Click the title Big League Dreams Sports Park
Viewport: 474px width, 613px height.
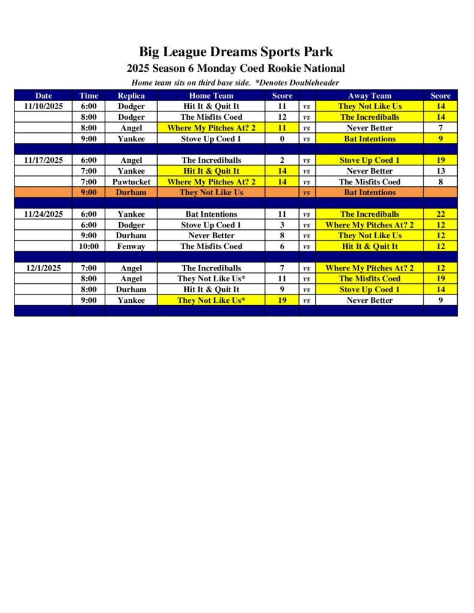point(236,51)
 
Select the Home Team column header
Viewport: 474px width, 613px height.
point(211,95)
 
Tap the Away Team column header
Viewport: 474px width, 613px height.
point(369,95)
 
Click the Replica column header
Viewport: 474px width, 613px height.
point(131,95)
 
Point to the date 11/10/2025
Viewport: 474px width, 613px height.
point(43,106)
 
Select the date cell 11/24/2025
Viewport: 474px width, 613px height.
point(43,214)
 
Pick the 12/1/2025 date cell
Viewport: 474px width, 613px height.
point(43,268)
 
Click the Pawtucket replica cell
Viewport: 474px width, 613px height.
point(131,181)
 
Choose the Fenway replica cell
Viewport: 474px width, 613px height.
point(131,246)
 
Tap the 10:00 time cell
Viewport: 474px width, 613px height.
point(89,246)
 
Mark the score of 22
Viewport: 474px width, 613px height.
point(440,214)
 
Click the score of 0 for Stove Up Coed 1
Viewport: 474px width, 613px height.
point(282,138)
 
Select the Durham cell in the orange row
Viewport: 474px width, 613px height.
point(131,192)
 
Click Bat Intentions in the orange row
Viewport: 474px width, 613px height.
point(369,192)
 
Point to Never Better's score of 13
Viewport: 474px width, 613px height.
point(440,171)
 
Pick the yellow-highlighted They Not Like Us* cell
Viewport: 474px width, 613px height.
point(211,300)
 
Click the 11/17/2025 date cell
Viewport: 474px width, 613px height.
point(43,160)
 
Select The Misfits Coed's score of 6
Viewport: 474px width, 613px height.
point(282,246)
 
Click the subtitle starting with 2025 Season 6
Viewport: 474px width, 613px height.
point(236,68)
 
